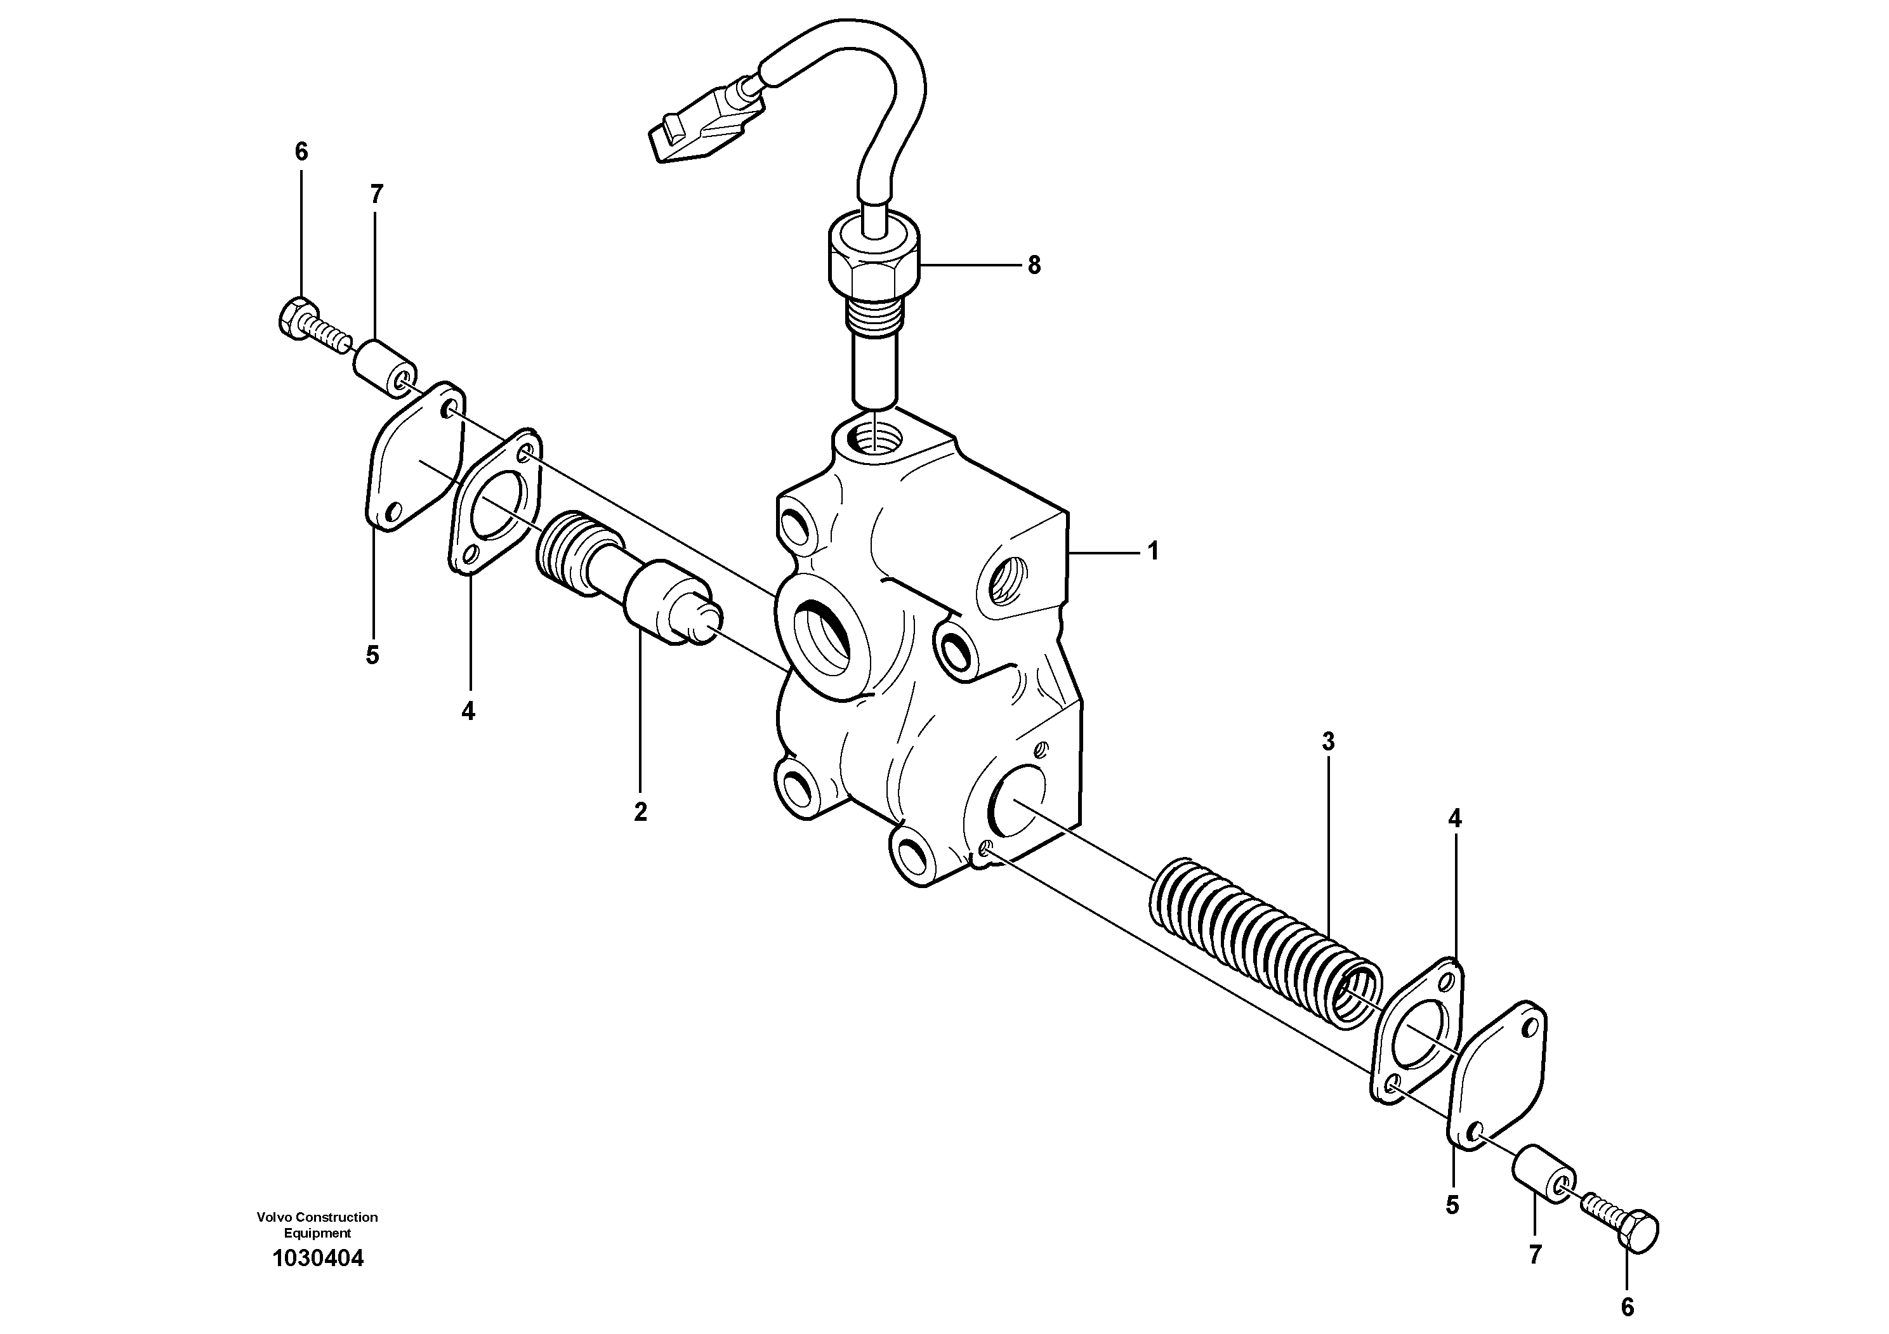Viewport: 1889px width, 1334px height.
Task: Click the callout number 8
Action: (x=1034, y=266)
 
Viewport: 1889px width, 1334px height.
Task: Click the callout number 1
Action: (x=1153, y=551)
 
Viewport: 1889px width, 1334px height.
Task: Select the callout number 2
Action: (x=640, y=812)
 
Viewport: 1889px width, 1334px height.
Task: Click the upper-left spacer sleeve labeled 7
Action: (x=383, y=372)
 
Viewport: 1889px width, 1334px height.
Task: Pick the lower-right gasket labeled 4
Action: (x=1417, y=1033)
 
